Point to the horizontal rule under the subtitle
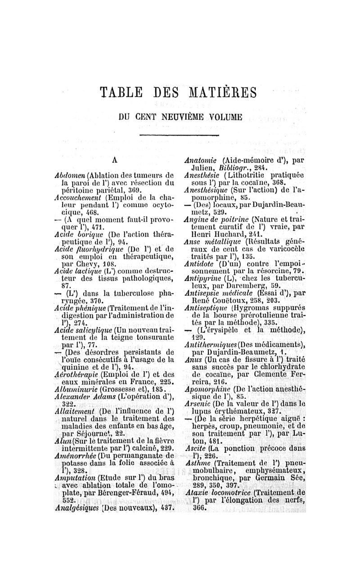pos(180,135)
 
